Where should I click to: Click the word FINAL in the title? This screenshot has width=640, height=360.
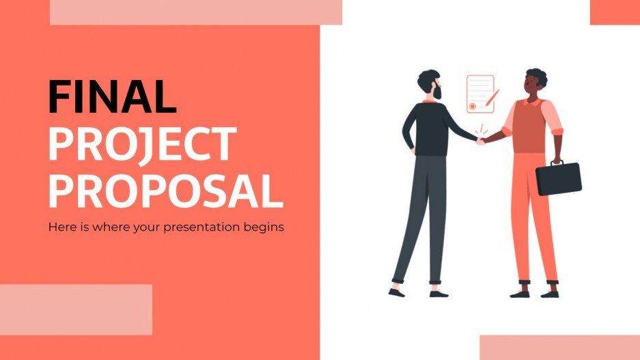click(x=112, y=96)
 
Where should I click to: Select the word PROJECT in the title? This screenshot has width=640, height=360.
click(x=141, y=144)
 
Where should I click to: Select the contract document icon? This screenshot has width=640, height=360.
click(x=479, y=94)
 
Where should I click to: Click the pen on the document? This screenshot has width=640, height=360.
click(x=492, y=99)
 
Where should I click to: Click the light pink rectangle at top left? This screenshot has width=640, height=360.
click(x=195, y=12)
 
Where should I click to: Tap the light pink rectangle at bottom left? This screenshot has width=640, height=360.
click(x=76, y=309)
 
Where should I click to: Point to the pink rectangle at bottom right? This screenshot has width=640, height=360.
click(x=559, y=347)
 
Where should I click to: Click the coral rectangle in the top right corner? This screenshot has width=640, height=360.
click(x=614, y=12)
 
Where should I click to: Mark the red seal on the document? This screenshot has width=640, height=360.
click(x=472, y=106)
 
